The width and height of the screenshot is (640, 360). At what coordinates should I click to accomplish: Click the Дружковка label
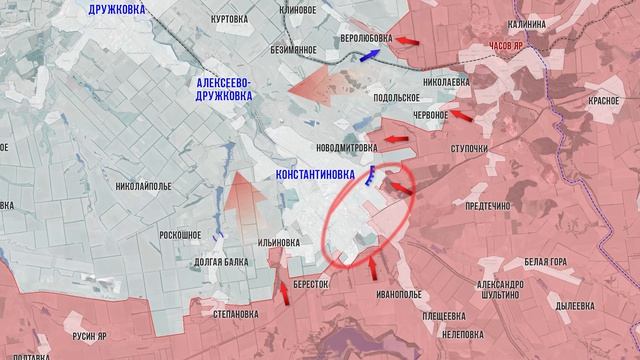pos(129,9)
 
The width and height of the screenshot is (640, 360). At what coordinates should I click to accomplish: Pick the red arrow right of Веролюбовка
pos(406,40)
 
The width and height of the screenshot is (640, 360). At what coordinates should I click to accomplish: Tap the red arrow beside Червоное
pos(461,115)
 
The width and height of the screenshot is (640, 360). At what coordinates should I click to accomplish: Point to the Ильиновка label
pos(279,242)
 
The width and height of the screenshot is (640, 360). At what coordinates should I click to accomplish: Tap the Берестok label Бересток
pos(311,283)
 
